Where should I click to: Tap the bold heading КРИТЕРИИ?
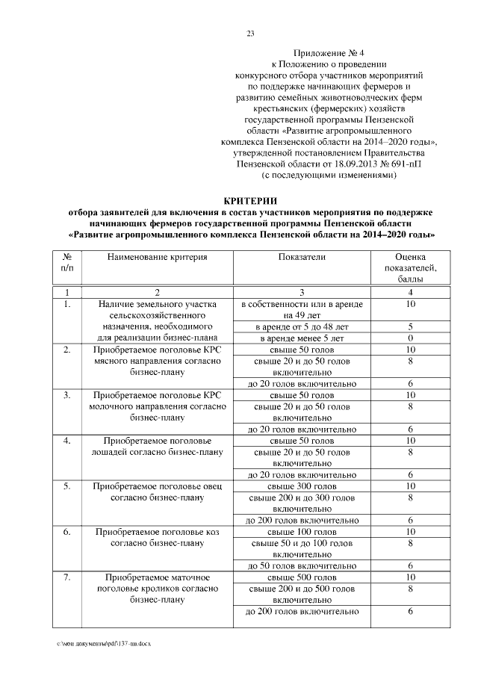[x=250, y=201]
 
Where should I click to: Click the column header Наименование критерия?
[x=157, y=257]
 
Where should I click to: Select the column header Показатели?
[x=302, y=257]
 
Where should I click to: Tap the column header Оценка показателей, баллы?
[x=410, y=267]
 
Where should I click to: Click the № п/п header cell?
[x=66, y=262]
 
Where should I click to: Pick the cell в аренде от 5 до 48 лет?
[x=302, y=326]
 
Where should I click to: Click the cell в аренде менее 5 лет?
[x=302, y=338]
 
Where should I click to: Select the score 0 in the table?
[x=410, y=338]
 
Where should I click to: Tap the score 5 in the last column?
[x=410, y=326]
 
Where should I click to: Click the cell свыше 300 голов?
[x=302, y=486]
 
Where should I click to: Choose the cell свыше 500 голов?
[x=302, y=577]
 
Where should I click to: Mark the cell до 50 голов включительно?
[x=302, y=566]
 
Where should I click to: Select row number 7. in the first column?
[x=66, y=577]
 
